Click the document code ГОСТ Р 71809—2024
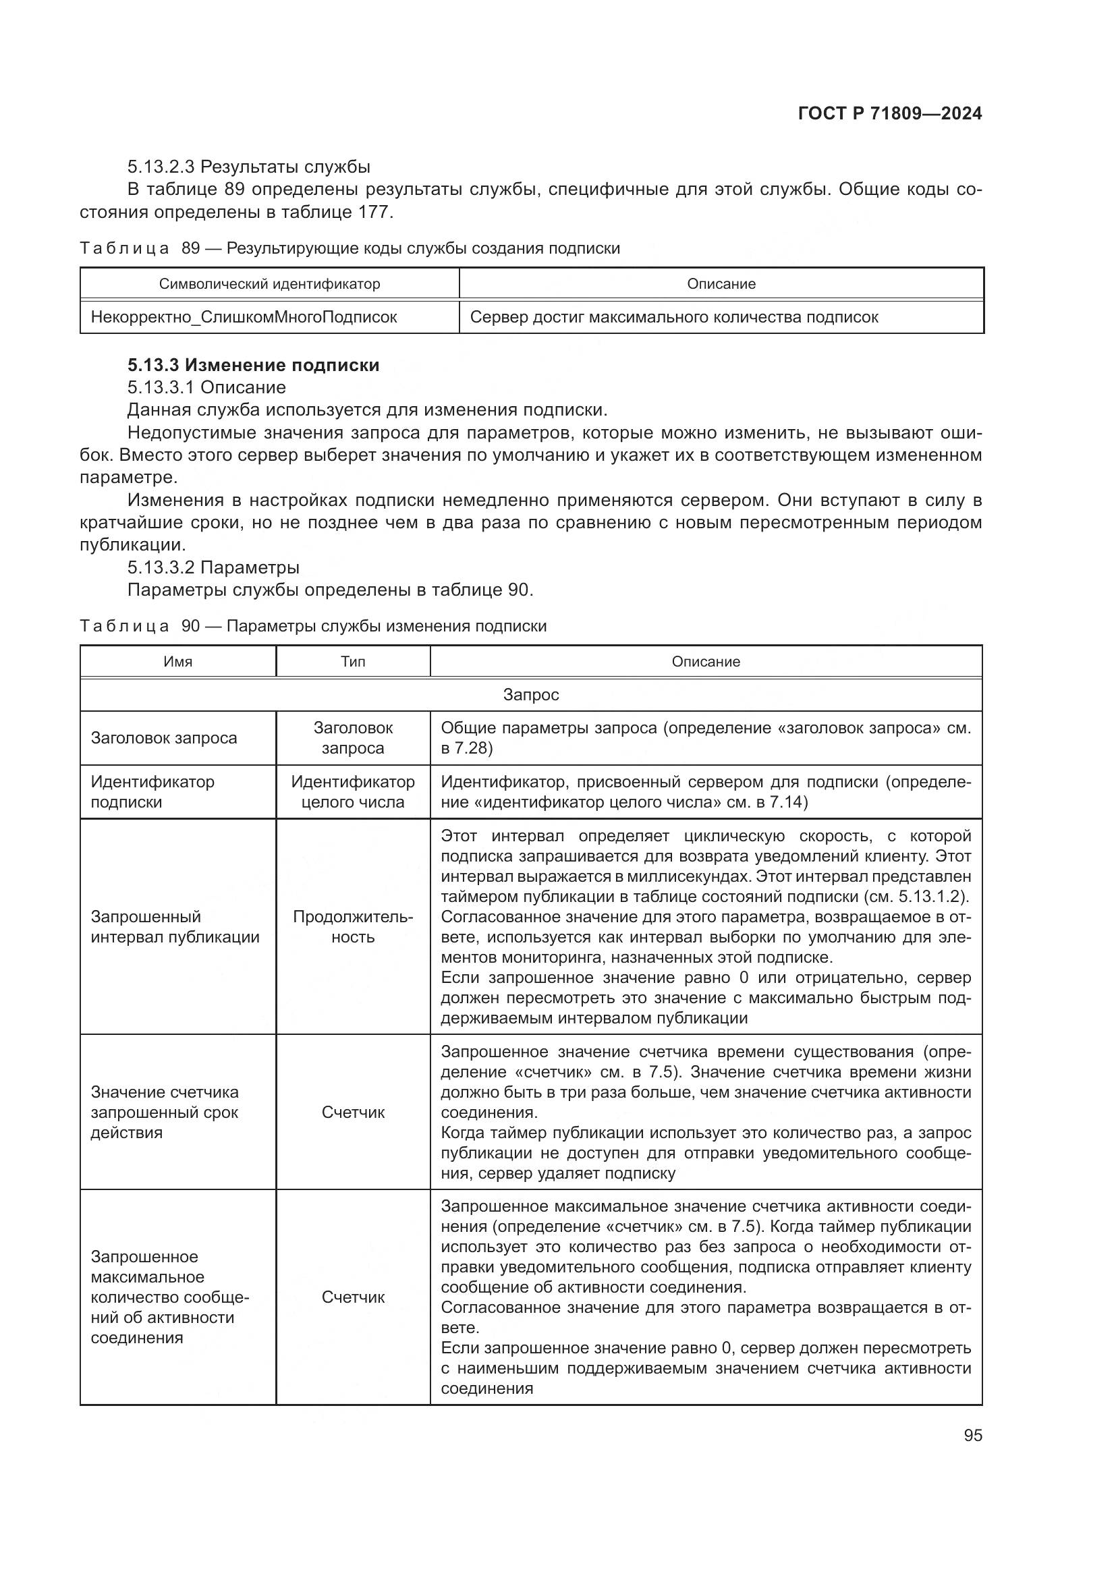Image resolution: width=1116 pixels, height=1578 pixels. [889, 114]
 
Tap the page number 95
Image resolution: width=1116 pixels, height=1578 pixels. [972, 1435]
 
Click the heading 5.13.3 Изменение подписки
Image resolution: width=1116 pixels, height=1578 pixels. [253, 365]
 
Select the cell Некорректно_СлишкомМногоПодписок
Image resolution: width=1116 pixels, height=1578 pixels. [244, 317]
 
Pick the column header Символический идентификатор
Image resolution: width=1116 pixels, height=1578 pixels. [269, 284]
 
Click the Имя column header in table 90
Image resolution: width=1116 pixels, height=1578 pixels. [177, 661]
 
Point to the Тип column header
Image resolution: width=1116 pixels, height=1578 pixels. [352, 661]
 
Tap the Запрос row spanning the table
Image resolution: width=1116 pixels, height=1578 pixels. [530, 694]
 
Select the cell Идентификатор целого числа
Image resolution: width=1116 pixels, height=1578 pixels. [352, 792]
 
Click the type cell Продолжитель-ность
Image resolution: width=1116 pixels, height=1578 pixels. [352, 926]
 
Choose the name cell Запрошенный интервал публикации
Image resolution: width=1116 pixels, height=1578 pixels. [175, 926]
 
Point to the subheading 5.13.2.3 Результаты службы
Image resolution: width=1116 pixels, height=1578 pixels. [249, 167]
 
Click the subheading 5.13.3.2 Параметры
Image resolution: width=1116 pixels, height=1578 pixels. [213, 567]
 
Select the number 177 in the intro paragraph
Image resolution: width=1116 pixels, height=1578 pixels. [373, 212]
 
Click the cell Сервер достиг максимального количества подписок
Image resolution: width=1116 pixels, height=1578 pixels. [673, 317]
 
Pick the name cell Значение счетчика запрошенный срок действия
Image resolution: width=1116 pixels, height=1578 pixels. [165, 1112]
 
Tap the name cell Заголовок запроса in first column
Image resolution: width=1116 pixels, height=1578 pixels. [163, 738]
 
